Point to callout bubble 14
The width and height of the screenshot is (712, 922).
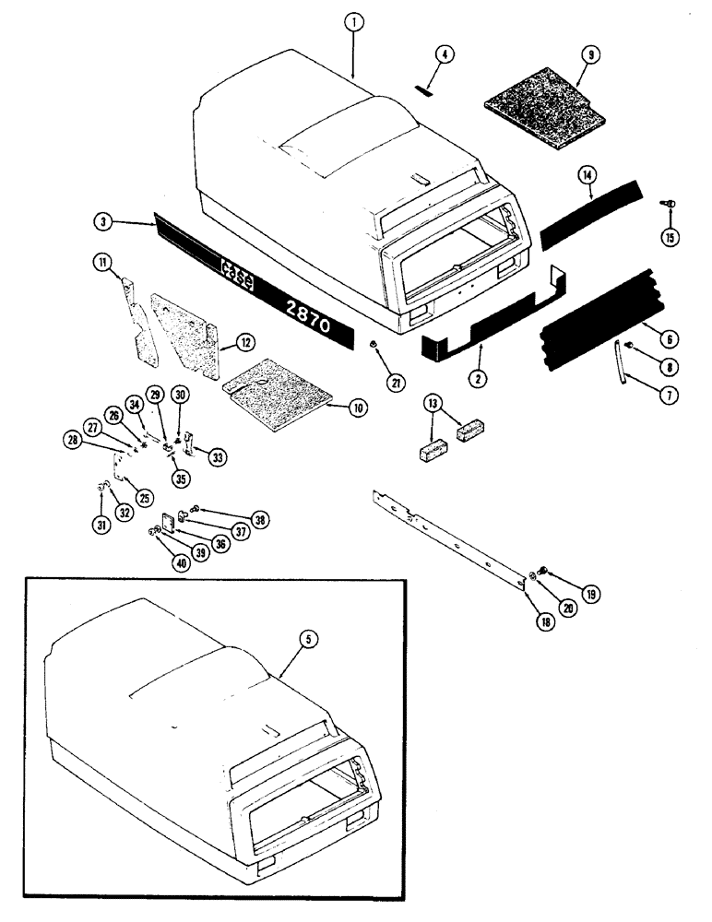coord(585,174)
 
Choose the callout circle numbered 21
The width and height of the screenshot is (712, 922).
coord(373,383)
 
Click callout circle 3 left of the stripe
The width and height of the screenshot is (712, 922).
coord(105,221)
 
